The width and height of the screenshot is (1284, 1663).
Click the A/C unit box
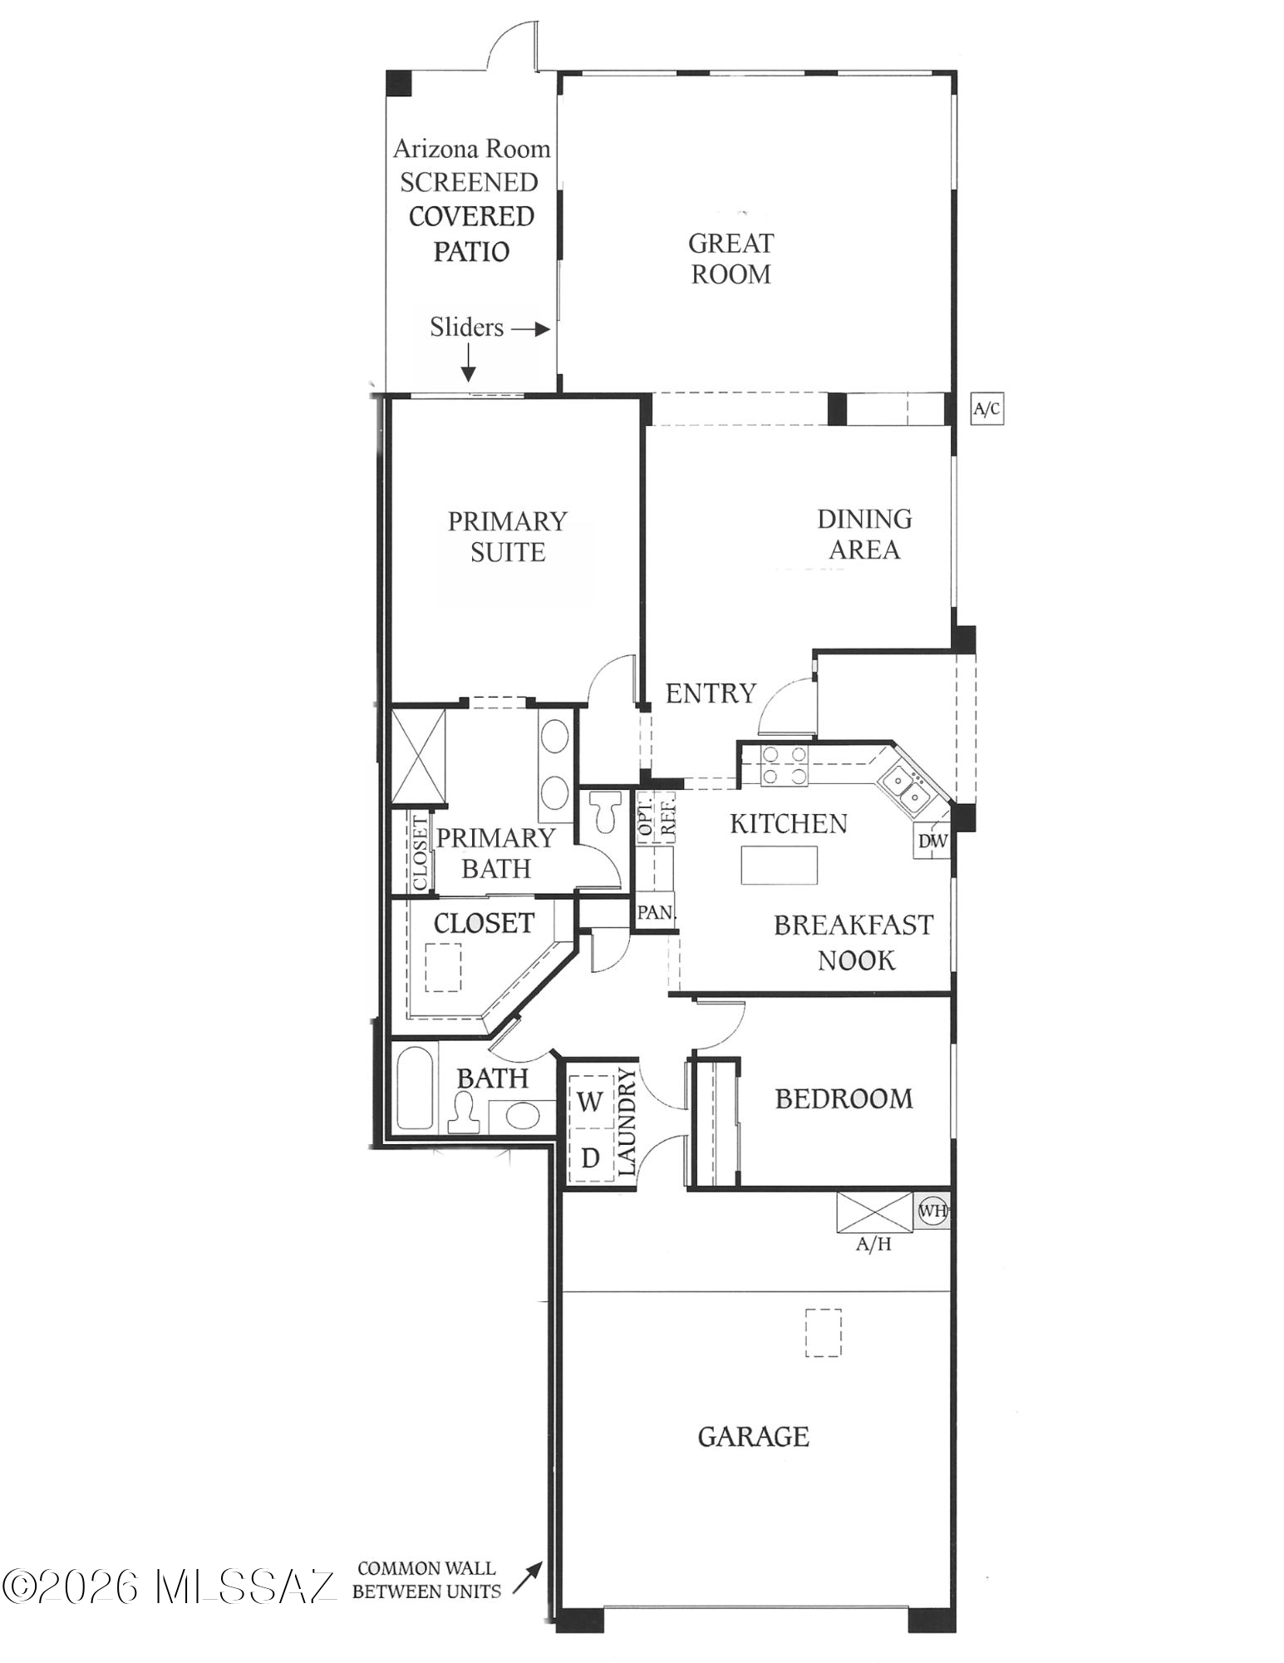pos(986,409)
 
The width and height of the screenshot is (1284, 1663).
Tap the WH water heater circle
pos(932,1211)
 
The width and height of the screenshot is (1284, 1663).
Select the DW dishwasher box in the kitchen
pos(932,841)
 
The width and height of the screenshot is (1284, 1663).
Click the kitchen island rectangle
pos(780,865)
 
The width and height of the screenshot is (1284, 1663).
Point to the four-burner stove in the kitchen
pos(785,765)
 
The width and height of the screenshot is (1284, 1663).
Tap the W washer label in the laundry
pos(589,1102)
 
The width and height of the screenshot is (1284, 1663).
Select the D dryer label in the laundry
pos(590,1157)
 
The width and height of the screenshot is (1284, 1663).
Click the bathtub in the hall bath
pos(414,1089)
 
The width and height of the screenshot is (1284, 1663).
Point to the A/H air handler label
pos(873,1245)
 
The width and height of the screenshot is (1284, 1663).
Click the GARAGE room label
pos(753,1436)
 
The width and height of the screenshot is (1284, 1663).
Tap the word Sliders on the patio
pos(466,327)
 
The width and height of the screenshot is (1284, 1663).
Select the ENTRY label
pos(711,693)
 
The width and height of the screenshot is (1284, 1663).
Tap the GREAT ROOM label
pos(731,259)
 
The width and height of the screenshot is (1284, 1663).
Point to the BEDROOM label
pos(844,1098)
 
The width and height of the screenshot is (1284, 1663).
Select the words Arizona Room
pos(471,149)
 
